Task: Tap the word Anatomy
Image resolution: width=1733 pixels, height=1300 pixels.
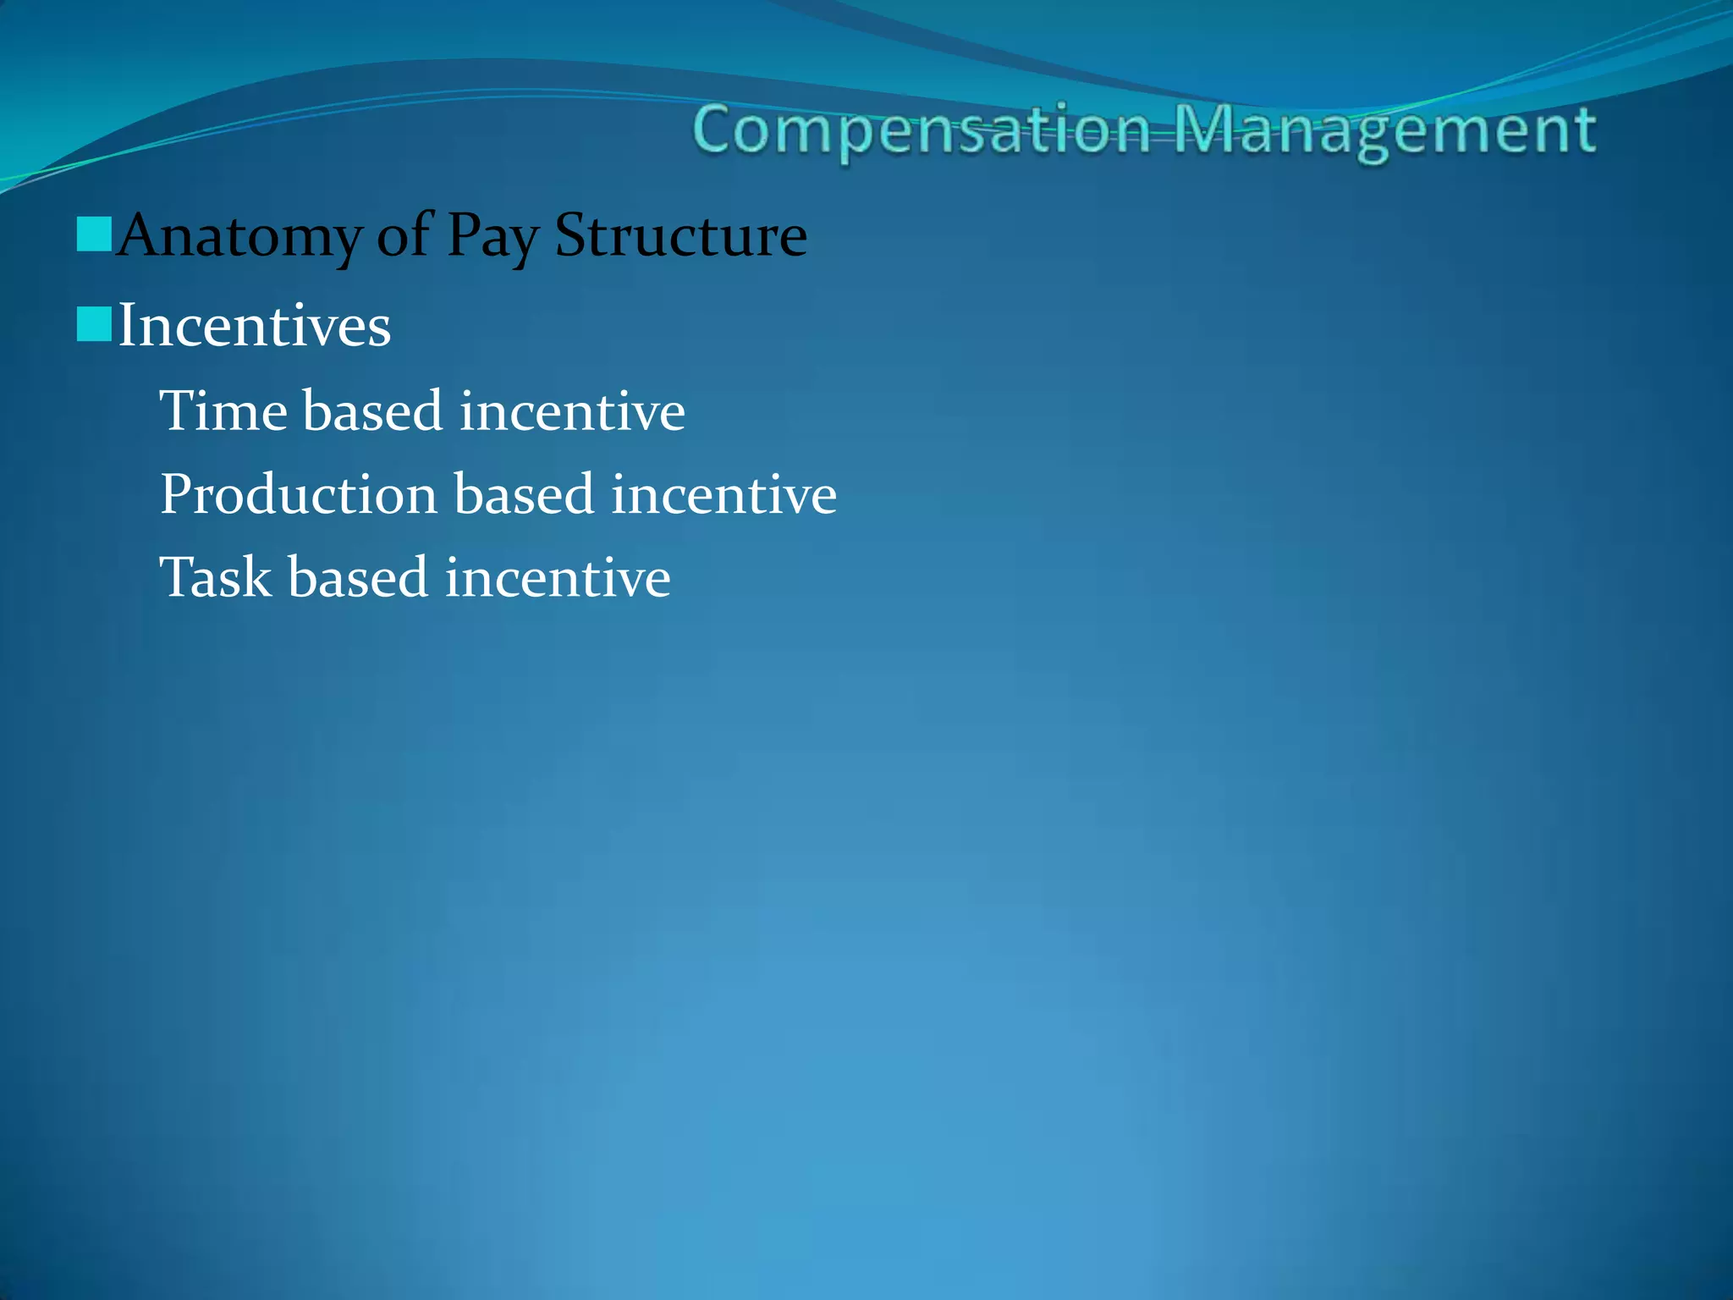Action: tap(239, 236)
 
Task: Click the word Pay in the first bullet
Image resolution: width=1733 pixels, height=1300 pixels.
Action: tap(492, 236)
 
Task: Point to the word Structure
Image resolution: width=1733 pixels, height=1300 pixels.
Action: tap(680, 234)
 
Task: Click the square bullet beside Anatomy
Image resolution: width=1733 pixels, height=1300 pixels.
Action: tap(94, 234)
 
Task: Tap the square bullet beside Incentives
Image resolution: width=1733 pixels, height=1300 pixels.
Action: tap(94, 324)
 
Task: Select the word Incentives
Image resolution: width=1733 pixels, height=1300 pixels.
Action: tap(254, 326)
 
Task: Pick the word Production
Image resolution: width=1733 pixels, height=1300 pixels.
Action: tap(299, 495)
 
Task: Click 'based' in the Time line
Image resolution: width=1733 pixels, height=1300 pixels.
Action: tap(373, 411)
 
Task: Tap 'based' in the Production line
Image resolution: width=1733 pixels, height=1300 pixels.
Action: tap(525, 495)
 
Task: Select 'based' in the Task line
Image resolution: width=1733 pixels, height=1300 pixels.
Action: tap(358, 578)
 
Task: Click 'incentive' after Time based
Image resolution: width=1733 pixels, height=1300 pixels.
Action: tap(572, 411)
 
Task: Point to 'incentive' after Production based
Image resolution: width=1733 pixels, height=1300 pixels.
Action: tap(723, 495)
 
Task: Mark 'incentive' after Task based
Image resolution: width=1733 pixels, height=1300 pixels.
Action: tap(558, 578)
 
